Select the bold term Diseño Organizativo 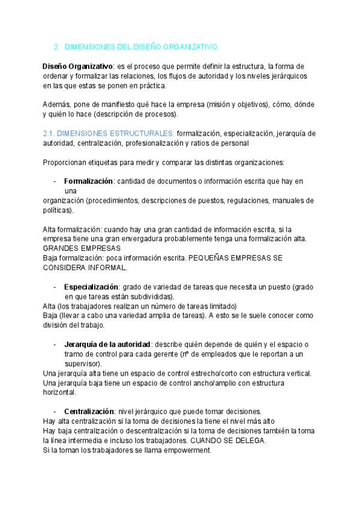[x=78, y=66]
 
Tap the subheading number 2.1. [x=49, y=133]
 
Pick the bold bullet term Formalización [x=88, y=181]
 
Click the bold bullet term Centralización [x=89, y=411]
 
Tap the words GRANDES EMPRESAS [x=82, y=248]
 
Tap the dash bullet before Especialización [x=55, y=287]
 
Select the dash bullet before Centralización [x=55, y=411]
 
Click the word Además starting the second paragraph [x=55, y=104]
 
